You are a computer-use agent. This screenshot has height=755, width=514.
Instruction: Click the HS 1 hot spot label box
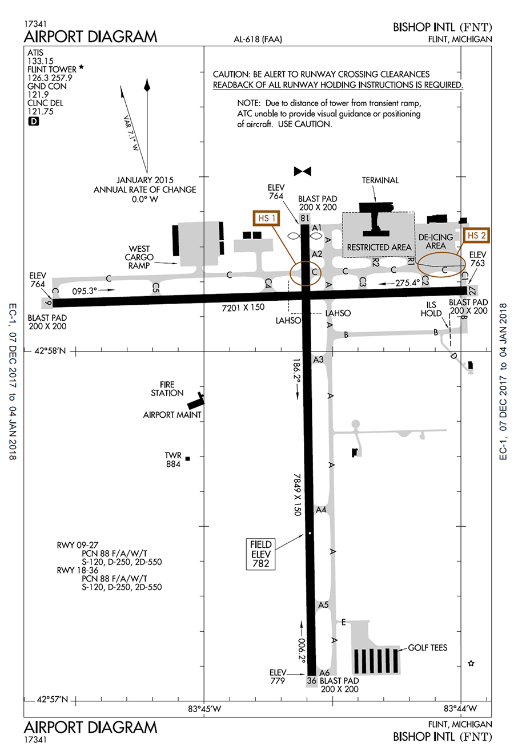(267, 218)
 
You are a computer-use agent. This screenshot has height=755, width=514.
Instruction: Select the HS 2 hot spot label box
(476, 235)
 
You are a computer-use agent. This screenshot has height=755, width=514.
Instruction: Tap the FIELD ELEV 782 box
(260, 554)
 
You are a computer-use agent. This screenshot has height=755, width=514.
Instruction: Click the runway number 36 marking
(312, 680)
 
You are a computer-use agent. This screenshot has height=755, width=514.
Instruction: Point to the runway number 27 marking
(472, 290)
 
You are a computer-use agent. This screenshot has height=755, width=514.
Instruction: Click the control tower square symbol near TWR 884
(188, 458)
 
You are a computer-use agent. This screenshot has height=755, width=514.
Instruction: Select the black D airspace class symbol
(33, 121)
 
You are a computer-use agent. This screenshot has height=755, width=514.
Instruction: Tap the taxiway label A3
(318, 360)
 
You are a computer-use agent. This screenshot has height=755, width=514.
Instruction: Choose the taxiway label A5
(323, 605)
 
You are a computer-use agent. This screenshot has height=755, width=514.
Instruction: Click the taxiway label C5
(155, 288)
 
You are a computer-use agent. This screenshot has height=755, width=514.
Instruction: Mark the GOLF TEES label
(427, 648)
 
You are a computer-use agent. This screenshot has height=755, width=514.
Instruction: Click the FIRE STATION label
(167, 389)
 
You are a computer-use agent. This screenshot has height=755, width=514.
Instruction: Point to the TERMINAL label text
(380, 180)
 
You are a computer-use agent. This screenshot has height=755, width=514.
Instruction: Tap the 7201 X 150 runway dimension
(243, 308)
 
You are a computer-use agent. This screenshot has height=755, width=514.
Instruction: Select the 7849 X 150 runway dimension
(297, 494)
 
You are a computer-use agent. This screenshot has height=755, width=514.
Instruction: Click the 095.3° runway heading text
(85, 290)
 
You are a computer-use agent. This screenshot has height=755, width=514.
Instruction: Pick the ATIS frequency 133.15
(41, 61)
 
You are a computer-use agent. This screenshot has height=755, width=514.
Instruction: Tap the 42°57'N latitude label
(52, 700)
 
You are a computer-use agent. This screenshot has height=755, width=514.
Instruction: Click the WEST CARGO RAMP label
(139, 257)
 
